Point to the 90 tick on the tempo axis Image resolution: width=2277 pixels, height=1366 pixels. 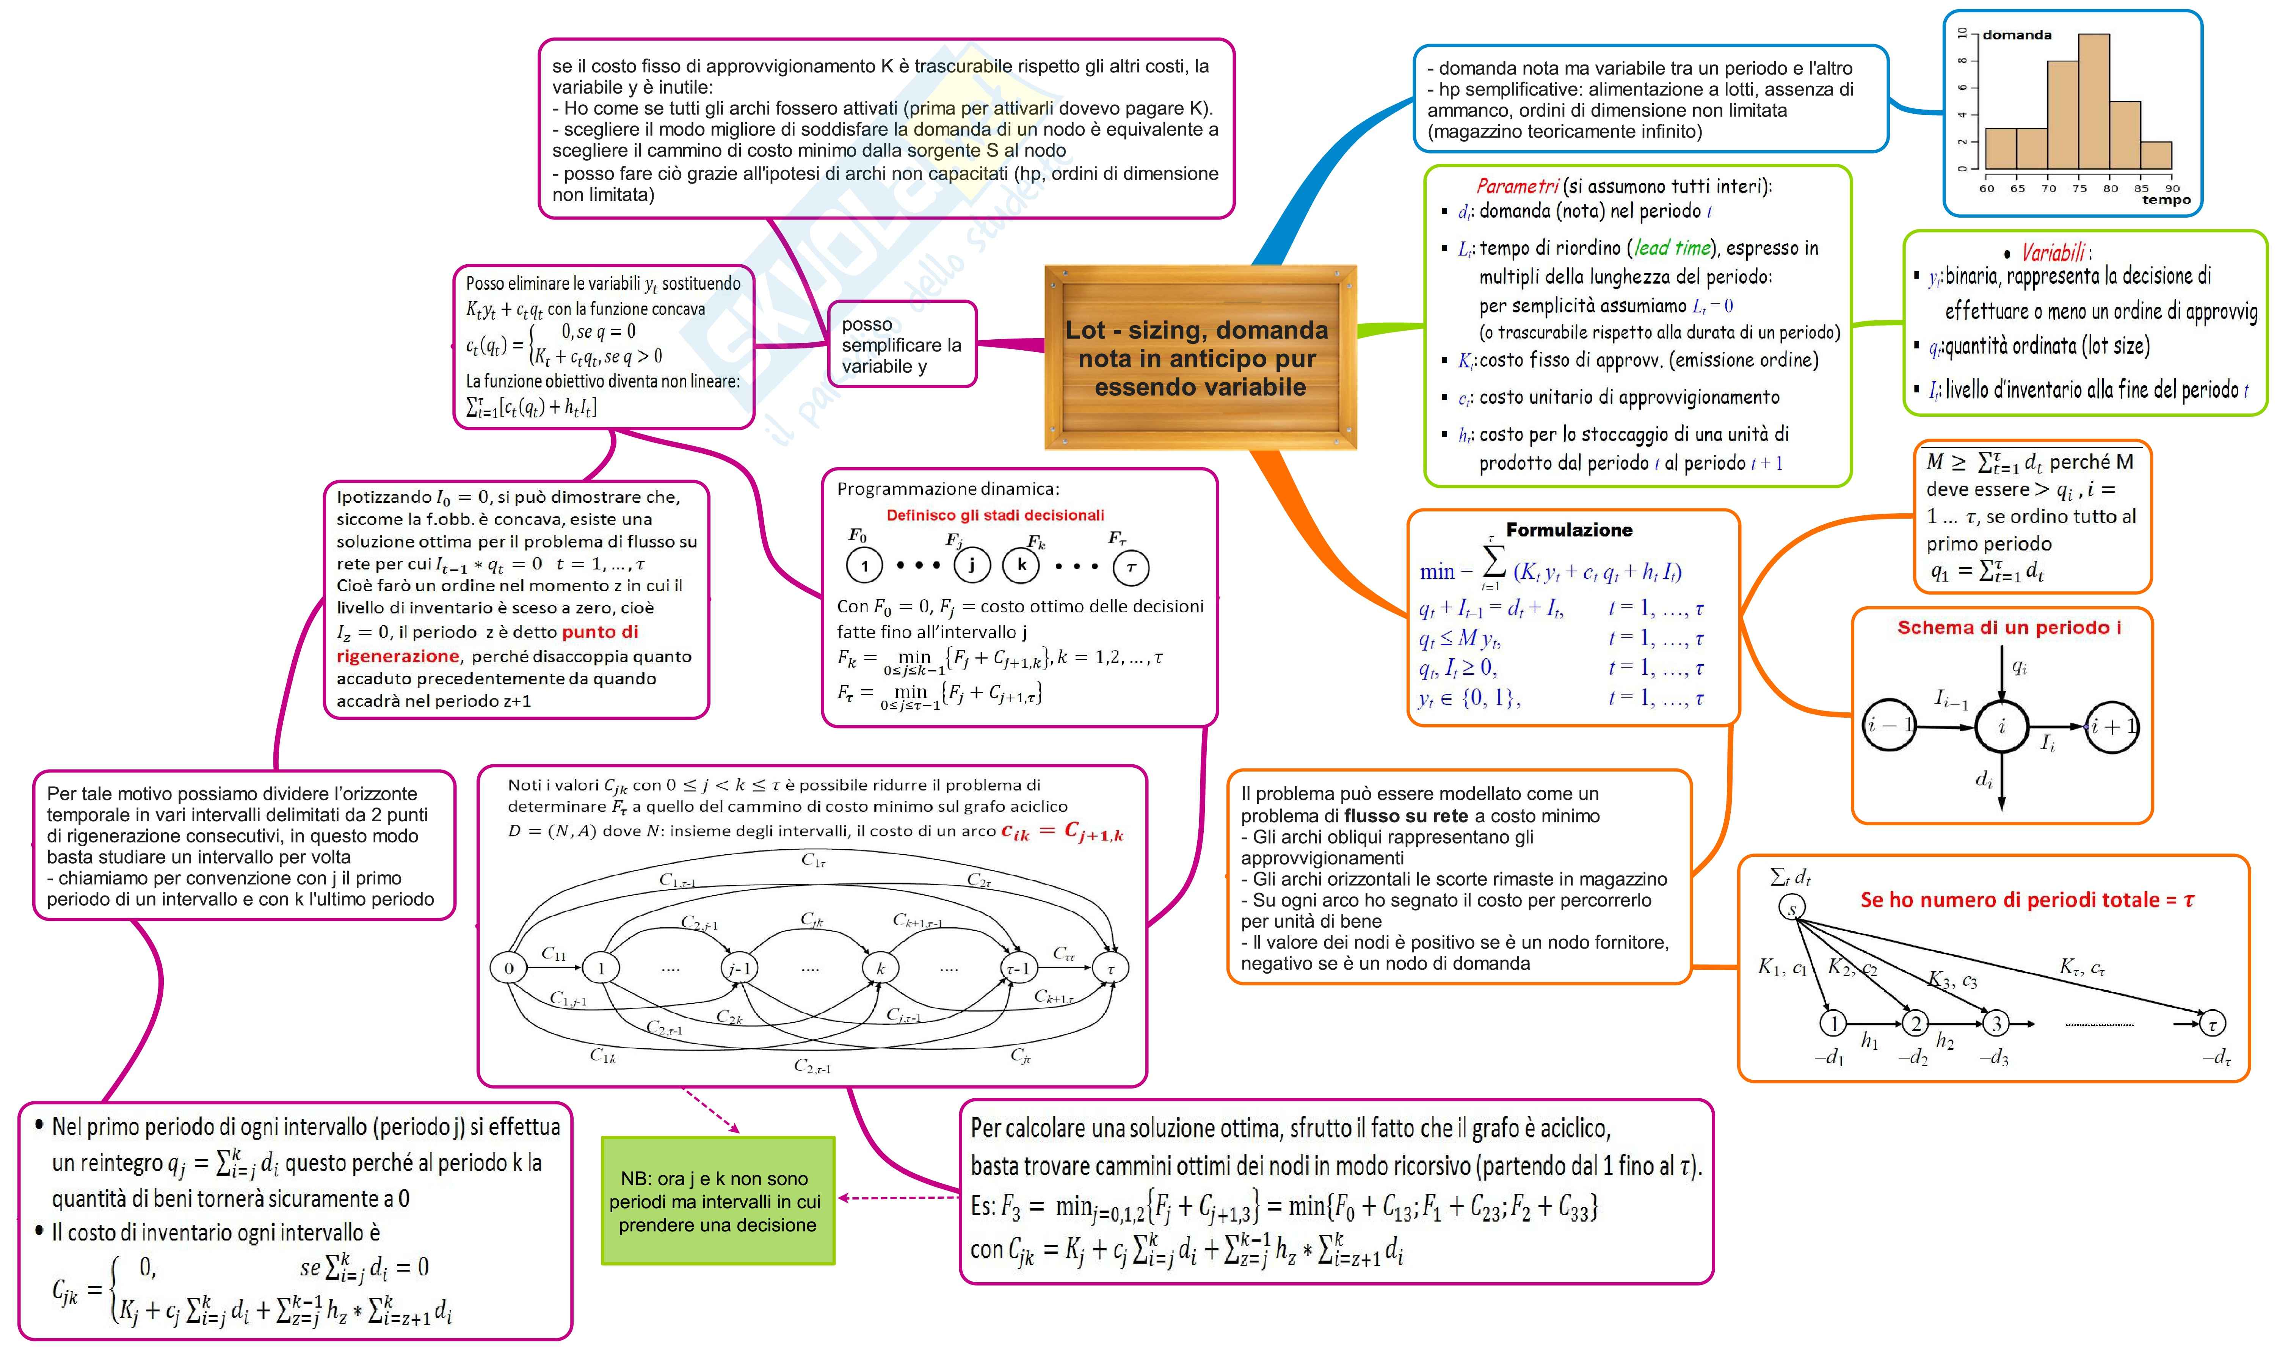(x=2172, y=188)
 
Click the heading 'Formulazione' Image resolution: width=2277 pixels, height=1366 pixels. (x=1569, y=529)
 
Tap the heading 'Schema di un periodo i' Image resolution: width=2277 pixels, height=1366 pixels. (x=2009, y=628)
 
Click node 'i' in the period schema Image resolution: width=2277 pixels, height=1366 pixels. (x=2002, y=726)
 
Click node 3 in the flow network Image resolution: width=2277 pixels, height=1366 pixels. (x=1995, y=1023)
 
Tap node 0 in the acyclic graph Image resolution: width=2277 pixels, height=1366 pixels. (x=509, y=968)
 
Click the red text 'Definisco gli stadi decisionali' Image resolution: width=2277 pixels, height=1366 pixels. (x=995, y=516)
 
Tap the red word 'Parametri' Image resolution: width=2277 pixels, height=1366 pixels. (x=1517, y=186)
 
